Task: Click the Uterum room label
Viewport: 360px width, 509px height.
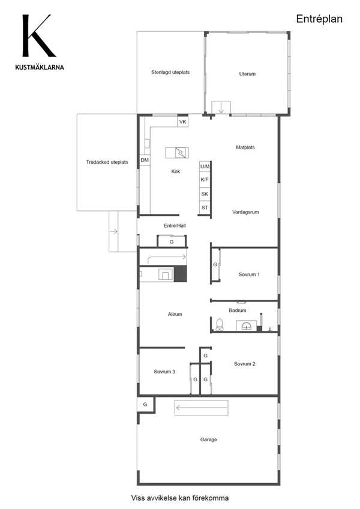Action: click(x=247, y=74)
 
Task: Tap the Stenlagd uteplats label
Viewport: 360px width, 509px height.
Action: click(x=170, y=72)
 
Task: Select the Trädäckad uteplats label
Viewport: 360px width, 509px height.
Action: click(x=107, y=162)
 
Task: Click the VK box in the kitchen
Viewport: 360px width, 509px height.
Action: click(x=182, y=122)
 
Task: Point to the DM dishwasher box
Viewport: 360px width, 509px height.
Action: click(x=145, y=160)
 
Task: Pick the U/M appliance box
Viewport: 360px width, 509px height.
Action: click(x=205, y=167)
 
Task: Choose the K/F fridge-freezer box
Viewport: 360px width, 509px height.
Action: click(x=205, y=179)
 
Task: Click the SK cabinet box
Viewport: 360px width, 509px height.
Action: click(x=205, y=194)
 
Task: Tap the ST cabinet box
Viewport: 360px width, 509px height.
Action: click(x=205, y=208)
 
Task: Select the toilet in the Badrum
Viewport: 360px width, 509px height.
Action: click(x=220, y=324)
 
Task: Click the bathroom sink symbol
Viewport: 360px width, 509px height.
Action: click(x=246, y=326)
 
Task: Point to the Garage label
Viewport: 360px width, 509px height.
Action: click(x=209, y=439)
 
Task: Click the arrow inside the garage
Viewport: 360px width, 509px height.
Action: click(x=201, y=408)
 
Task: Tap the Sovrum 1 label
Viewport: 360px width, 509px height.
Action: click(x=249, y=275)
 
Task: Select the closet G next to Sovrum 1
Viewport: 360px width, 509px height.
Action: click(x=215, y=264)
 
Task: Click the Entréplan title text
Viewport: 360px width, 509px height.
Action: click(x=319, y=19)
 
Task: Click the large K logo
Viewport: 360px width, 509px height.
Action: click(x=38, y=36)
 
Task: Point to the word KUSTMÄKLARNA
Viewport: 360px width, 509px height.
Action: click(x=40, y=68)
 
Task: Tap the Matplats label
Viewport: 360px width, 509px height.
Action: click(x=245, y=147)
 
